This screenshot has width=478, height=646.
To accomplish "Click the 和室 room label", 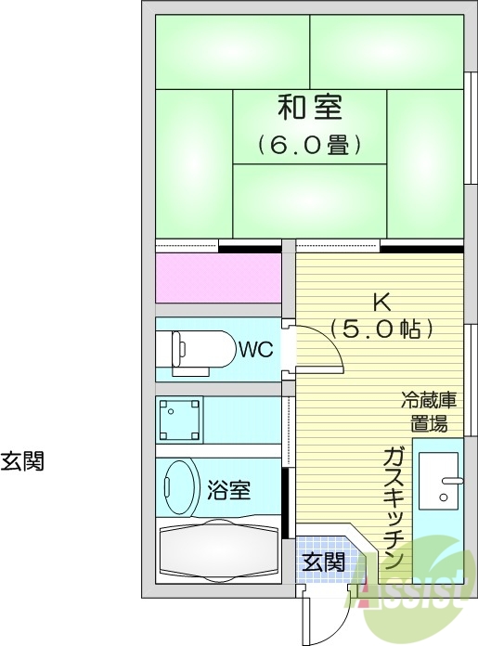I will pos(310,109).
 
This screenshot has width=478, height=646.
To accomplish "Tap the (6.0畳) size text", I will pos(310,145).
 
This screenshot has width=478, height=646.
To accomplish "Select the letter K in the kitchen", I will pos(380,302).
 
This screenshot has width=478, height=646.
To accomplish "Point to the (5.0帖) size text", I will pos(381,329).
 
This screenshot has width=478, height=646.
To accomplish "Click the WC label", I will pos(254,349).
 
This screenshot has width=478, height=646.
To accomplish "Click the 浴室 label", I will pos(228,488).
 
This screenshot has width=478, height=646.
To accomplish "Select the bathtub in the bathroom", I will pos(219,551).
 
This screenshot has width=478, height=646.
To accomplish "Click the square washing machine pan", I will pos(181,420).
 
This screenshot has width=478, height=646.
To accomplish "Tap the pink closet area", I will pos(218,277).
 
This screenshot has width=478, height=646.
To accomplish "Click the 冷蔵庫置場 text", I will pos(429,412).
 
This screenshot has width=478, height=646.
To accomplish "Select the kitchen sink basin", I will pos(437,481).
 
